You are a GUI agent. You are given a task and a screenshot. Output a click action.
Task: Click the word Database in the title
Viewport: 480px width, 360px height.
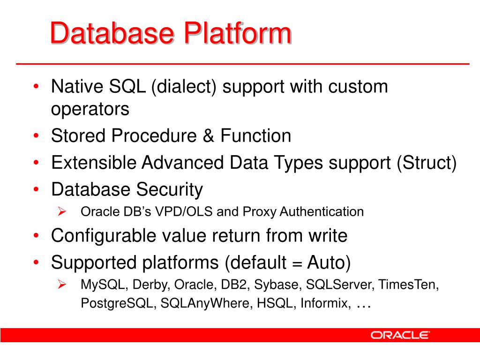(x=112, y=34)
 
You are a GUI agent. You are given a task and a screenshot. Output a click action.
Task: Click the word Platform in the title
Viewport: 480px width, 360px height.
(x=238, y=34)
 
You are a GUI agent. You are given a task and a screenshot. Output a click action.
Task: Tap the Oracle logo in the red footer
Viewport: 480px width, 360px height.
(x=400, y=335)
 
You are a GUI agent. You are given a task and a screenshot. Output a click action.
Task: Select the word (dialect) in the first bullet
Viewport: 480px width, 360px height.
(x=184, y=87)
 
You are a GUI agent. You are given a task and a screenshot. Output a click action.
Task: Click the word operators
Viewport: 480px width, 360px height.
(x=90, y=109)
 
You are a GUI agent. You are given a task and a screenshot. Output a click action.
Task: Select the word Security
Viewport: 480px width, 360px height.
(x=170, y=190)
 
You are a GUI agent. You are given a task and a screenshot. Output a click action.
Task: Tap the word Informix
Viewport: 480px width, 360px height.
(x=325, y=303)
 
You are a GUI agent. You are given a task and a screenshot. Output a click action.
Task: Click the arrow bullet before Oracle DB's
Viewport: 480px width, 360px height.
(x=61, y=212)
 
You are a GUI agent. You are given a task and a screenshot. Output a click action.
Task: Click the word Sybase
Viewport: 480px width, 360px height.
(x=280, y=285)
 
